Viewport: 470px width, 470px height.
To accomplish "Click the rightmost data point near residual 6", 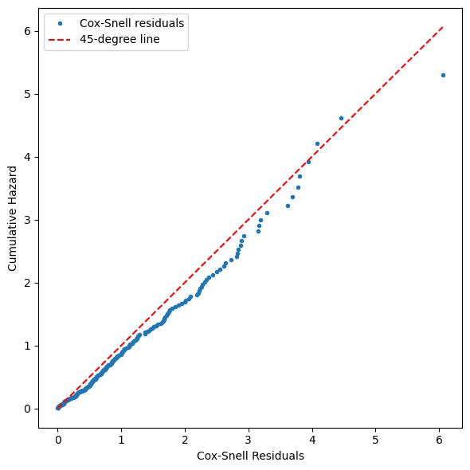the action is click(x=443, y=75).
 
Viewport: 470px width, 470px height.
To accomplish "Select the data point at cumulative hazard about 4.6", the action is click(x=341, y=119).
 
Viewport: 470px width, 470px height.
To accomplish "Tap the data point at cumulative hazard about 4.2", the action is click(x=317, y=144).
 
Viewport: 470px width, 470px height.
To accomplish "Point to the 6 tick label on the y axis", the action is click(x=28, y=31).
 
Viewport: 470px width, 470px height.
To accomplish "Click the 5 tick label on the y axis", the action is click(x=28, y=94).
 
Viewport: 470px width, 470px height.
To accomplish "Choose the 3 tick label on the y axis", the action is click(x=28, y=220).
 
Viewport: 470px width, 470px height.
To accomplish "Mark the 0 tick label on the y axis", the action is click(x=28, y=409).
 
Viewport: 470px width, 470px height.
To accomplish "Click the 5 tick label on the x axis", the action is click(x=375, y=440).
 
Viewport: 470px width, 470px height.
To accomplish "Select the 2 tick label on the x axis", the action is click(x=185, y=440).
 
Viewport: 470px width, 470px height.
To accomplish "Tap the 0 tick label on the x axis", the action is click(x=58, y=440).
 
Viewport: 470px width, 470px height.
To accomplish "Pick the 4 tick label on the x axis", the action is click(x=312, y=440).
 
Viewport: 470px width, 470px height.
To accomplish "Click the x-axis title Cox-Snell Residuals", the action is click(x=250, y=456).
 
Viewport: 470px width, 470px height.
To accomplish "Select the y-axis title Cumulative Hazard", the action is click(x=12, y=218).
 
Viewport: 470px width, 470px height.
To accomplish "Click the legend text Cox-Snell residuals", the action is click(x=132, y=23).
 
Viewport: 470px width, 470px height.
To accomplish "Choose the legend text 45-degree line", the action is click(x=119, y=39).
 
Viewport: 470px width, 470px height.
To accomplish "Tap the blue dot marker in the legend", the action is click(x=60, y=23).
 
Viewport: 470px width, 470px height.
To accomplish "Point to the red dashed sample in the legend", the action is click(x=60, y=39).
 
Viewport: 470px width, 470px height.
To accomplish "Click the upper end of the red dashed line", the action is click(x=443, y=27).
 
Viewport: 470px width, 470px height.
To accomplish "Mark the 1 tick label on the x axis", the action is click(x=121, y=440).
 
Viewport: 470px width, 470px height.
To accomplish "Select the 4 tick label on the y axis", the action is click(x=28, y=157).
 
